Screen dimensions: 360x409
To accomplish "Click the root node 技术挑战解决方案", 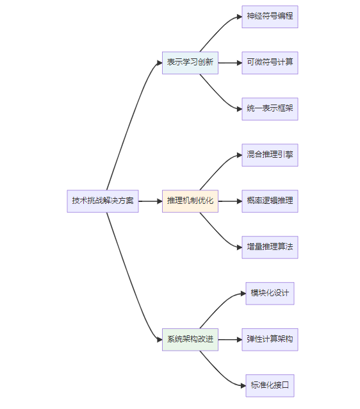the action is pyautogui.click(x=102, y=201).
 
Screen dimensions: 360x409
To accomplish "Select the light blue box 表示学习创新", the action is pyautogui.click(x=190, y=63).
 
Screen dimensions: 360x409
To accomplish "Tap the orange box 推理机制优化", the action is pyautogui.click(x=190, y=201).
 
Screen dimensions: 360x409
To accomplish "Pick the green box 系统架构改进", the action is pyautogui.click(x=190, y=340).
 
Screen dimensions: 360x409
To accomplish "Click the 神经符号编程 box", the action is pyautogui.click(x=270, y=17).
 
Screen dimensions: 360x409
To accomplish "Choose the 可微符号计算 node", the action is pyautogui.click(x=270, y=63).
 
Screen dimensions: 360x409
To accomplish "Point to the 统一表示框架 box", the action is pyautogui.click(x=270, y=109).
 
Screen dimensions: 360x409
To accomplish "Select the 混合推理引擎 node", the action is pyautogui.click(x=270, y=155).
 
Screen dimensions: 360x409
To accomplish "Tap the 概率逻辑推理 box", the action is pyautogui.click(x=270, y=201).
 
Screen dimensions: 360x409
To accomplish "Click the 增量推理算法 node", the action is pyautogui.click(x=270, y=247).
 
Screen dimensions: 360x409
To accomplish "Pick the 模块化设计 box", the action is pyautogui.click(x=270, y=294).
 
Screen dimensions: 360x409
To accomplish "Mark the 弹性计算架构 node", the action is pyautogui.click(x=270, y=340).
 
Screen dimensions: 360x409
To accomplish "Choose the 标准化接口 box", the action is pyautogui.click(x=270, y=386).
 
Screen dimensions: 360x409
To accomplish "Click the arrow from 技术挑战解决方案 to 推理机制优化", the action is pyautogui.click(x=151, y=201).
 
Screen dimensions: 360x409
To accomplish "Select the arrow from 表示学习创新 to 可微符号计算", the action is pyautogui.click(x=230, y=63).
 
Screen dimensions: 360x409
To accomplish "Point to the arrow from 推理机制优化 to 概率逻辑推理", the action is pyautogui.click(x=230, y=201).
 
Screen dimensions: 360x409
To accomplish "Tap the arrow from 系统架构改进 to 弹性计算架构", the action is pyautogui.click(x=230, y=340).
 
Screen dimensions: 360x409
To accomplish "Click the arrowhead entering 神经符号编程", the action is pyautogui.click(x=240, y=17).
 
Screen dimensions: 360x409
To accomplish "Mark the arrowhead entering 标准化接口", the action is pyautogui.click(x=243, y=385).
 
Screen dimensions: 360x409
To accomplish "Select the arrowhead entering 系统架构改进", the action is pyautogui.click(x=160, y=340).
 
